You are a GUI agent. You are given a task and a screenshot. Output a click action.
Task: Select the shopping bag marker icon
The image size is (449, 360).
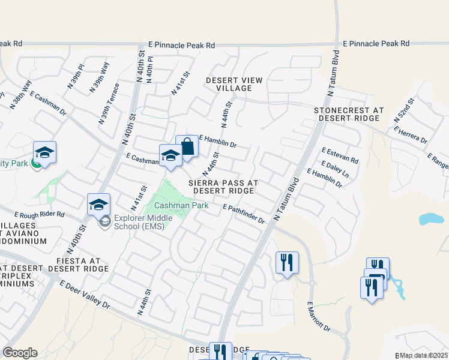pyautogui.click(x=187, y=148)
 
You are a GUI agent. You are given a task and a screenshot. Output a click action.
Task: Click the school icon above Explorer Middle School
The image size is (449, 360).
pyautogui.click(x=98, y=205)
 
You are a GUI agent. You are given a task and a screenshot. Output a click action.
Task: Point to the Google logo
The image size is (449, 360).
pyautogui.click(x=20, y=353)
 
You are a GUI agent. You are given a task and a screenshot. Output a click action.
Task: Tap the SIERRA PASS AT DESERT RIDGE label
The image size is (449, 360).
pyautogui.click(x=223, y=186)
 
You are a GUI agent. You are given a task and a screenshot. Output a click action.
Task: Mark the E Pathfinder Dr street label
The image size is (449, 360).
pyautogui.click(x=244, y=214)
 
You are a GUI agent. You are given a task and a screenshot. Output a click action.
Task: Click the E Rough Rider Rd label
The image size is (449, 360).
pyautogui.click(x=39, y=215)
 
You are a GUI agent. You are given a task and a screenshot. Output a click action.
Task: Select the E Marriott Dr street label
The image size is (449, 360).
pyautogui.click(x=319, y=317)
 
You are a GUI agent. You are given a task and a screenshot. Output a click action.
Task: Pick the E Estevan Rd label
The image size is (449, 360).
pyautogui.click(x=340, y=156)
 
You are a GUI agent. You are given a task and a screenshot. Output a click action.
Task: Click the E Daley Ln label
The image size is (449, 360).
pyautogui.click(x=336, y=169)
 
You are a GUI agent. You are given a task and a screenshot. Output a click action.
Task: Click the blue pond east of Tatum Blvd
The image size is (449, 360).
pyautogui.click(x=432, y=218)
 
